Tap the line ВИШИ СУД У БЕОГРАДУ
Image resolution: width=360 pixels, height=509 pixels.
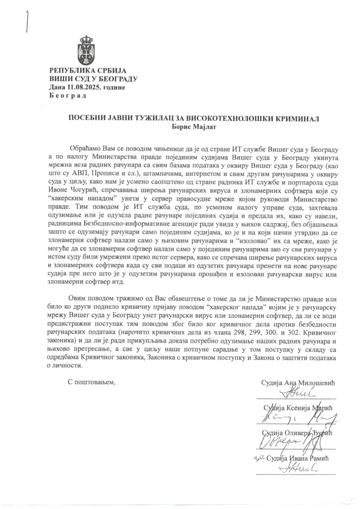tap(93, 79)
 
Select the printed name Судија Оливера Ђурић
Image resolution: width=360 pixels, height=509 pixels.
tap(298, 433)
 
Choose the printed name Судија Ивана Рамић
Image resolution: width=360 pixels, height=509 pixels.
tap(301, 458)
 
